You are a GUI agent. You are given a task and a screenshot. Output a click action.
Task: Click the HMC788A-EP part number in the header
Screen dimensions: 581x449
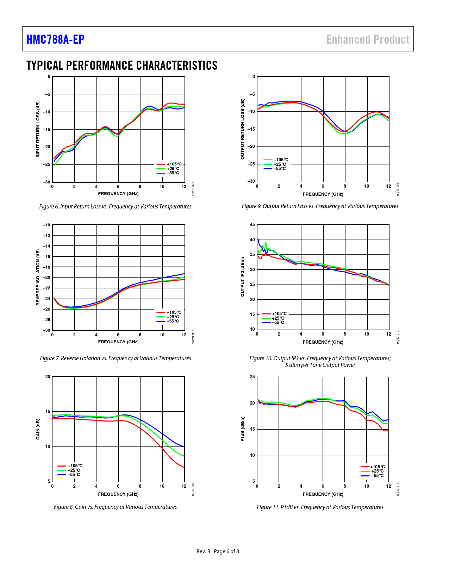click(x=56, y=39)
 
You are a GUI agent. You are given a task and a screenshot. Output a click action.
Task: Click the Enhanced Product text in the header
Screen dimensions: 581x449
click(x=368, y=39)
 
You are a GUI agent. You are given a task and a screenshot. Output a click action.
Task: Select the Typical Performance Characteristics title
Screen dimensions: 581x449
click(x=122, y=65)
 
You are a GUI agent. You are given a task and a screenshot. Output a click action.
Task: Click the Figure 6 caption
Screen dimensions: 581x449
click(x=115, y=206)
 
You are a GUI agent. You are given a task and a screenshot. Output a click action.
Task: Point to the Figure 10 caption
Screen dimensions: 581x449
click(x=320, y=362)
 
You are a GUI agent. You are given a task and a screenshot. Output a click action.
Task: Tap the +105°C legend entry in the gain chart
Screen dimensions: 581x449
click(x=75, y=466)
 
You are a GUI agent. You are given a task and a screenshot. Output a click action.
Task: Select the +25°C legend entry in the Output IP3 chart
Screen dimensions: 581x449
click(x=278, y=318)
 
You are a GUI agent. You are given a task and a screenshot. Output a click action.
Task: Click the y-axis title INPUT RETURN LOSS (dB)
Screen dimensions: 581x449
click(x=38, y=129)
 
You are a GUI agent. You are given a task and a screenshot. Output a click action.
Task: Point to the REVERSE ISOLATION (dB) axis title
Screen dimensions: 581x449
click(x=38, y=277)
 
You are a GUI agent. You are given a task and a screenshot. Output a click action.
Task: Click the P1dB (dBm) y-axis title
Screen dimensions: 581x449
click(x=243, y=429)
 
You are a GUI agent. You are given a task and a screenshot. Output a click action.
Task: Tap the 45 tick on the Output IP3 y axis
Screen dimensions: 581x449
click(x=252, y=225)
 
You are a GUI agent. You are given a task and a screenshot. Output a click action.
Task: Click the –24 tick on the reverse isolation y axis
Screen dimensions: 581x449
click(x=46, y=299)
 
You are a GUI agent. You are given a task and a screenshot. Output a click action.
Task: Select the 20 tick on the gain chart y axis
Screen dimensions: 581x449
click(x=48, y=377)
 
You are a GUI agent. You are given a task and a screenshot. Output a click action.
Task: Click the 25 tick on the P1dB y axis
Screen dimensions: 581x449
click(x=252, y=377)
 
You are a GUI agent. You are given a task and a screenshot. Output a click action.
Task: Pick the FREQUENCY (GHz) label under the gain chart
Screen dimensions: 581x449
click(x=118, y=494)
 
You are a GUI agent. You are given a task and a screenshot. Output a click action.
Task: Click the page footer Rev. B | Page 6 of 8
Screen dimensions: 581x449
click(x=218, y=551)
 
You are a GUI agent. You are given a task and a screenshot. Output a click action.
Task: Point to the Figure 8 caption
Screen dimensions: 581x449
click(x=115, y=507)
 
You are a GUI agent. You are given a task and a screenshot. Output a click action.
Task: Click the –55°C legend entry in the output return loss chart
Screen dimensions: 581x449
click(x=280, y=169)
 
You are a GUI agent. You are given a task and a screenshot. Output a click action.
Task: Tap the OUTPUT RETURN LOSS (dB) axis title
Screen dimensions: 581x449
click(x=243, y=129)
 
